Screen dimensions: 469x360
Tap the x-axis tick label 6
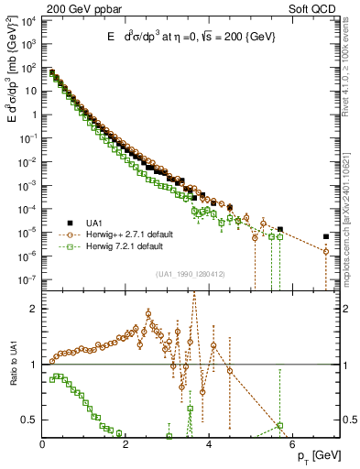[295, 446]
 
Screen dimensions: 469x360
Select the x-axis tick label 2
[126, 446]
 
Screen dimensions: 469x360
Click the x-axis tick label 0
[42, 446]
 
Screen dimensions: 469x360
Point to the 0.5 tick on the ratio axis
[30, 420]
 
